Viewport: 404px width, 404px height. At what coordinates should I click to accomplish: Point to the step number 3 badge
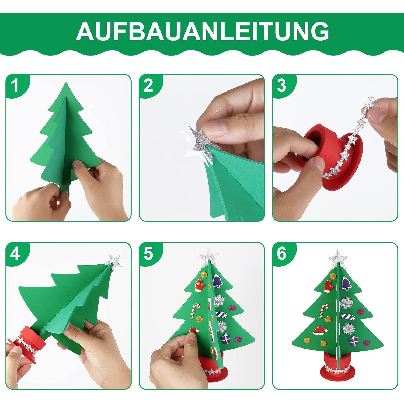(x=282, y=85)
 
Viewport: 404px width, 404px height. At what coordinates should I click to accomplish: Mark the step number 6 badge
(x=282, y=254)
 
